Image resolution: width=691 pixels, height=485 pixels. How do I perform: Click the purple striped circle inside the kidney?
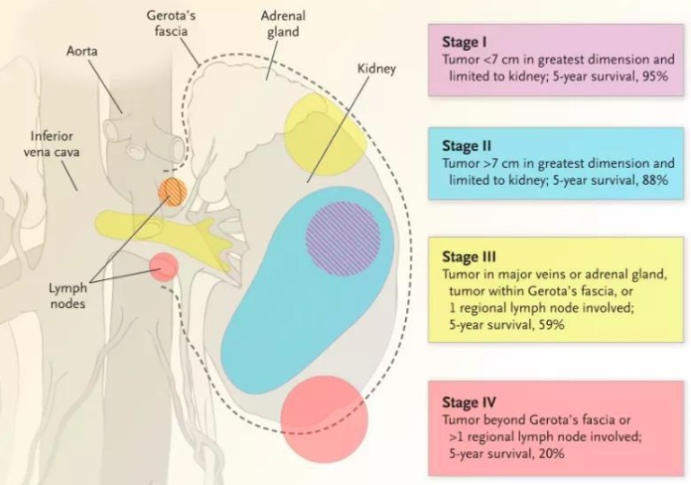tap(344, 238)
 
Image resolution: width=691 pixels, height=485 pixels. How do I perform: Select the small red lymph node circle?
tap(164, 266)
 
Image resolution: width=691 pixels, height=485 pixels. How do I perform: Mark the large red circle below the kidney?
tap(325, 417)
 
